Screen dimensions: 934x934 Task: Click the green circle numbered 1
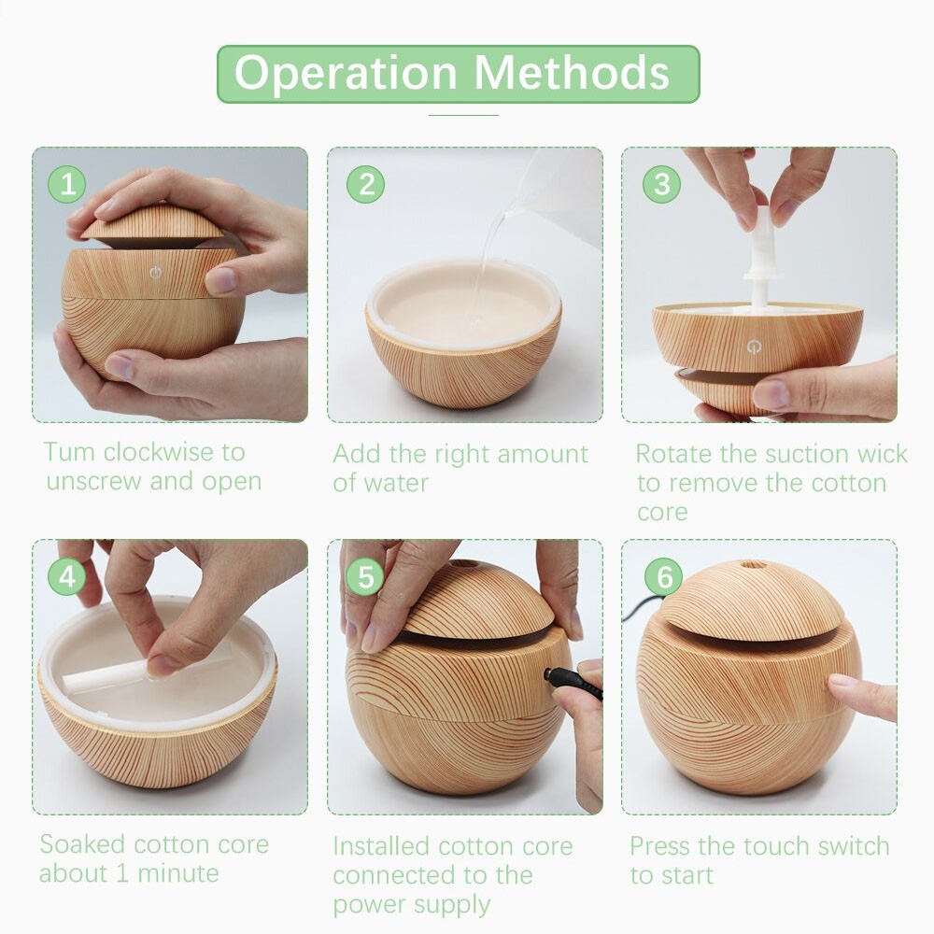(x=66, y=184)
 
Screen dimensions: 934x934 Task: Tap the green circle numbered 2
(x=365, y=184)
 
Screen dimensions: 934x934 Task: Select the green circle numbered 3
(x=661, y=184)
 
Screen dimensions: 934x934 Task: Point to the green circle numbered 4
(x=66, y=576)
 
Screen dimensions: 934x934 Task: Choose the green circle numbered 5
(x=365, y=576)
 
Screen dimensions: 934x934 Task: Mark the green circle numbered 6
(x=663, y=576)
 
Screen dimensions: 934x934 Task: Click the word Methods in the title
(x=572, y=73)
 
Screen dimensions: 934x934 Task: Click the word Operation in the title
(x=346, y=74)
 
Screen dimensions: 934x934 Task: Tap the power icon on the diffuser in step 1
(x=155, y=273)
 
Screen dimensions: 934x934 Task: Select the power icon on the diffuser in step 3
(x=754, y=347)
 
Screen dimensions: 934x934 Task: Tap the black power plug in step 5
(x=573, y=682)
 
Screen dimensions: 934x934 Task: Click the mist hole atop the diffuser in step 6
(x=753, y=564)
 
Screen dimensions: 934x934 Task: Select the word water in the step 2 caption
(x=397, y=483)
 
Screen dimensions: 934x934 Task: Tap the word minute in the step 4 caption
(x=178, y=873)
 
